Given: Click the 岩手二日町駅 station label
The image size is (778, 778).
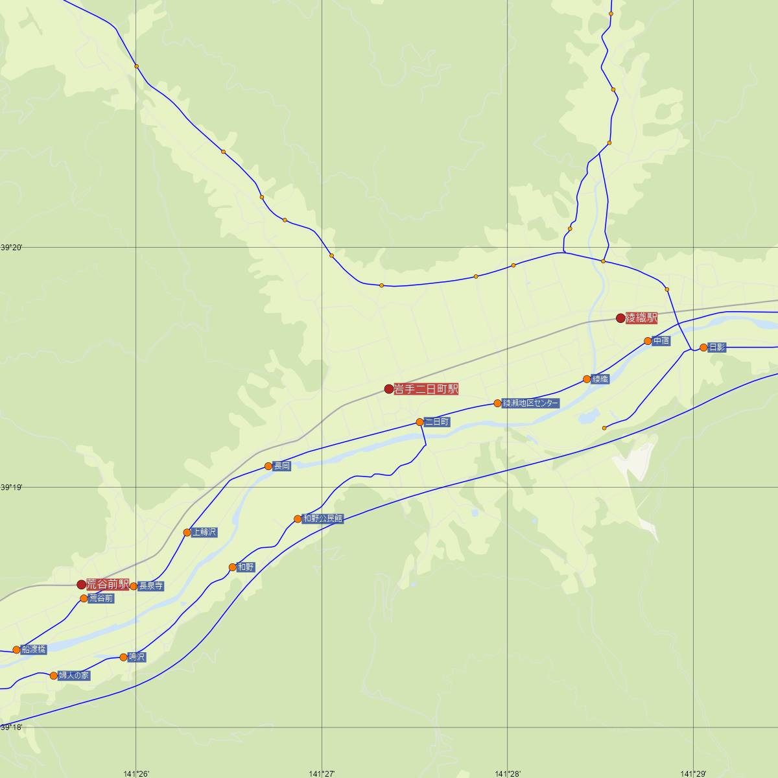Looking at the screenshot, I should (x=426, y=389).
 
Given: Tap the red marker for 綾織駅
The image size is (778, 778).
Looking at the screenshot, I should (x=620, y=318).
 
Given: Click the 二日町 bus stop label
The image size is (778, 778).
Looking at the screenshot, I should (x=437, y=421).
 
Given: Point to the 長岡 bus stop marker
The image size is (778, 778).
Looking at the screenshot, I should (x=268, y=466).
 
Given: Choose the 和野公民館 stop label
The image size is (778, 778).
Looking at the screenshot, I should (x=323, y=518).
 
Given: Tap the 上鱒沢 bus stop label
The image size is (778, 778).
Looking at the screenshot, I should (x=205, y=532).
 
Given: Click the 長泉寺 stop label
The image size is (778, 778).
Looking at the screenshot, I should (x=151, y=586).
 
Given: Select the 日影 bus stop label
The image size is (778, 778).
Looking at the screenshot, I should (x=717, y=348).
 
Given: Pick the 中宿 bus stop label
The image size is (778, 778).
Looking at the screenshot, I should (x=661, y=340).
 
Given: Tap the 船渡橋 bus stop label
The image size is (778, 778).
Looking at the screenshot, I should (x=34, y=649).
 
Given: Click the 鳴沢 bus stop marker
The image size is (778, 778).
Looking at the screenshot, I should (x=124, y=657).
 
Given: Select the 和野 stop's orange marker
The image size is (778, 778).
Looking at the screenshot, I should (x=233, y=567).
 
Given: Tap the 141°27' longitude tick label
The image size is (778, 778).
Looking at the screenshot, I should (x=322, y=773).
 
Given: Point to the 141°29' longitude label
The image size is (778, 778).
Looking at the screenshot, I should (x=693, y=773).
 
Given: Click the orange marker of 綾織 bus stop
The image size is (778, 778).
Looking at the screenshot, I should (x=587, y=379).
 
